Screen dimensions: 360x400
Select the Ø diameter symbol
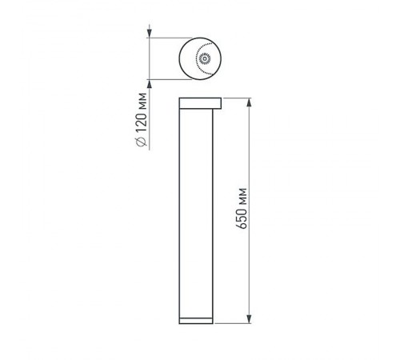[142, 142]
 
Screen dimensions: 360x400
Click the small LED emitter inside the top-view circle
[203, 58]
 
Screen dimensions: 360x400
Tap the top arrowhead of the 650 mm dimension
[252, 102]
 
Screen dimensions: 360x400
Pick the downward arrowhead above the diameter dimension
[150, 33]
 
